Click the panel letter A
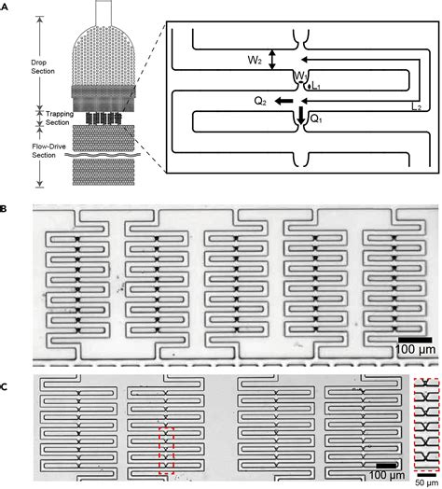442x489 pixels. pyautogui.click(x=5, y=5)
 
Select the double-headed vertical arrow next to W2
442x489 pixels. pyautogui.click(x=271, y=59)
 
